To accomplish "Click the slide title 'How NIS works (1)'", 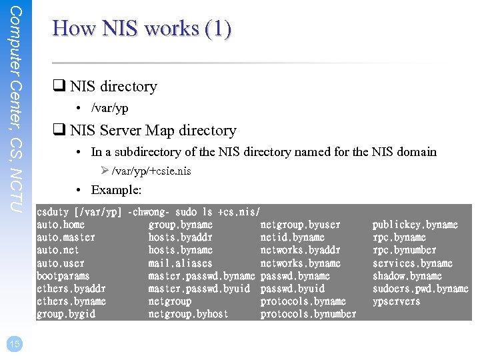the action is point(142,29).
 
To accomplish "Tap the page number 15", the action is point(14,343).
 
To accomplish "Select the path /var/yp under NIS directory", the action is point(109,108).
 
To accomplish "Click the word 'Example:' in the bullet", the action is point(116,190).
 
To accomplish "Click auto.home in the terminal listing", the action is point(61,225).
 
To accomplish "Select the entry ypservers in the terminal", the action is point(396,301).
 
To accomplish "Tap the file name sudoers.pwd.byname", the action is point(420,289).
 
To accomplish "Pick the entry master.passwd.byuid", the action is point(199,289).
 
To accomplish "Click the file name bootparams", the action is point(63,276).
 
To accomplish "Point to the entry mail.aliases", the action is point(180,263).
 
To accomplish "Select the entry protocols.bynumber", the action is point(308,314).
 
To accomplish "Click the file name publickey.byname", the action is point(415,225).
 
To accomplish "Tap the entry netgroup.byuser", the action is point(300,225).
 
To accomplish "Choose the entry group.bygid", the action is point(66,314).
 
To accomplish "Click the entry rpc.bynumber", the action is point(404,250).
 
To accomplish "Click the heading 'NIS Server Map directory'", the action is point(153,131).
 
